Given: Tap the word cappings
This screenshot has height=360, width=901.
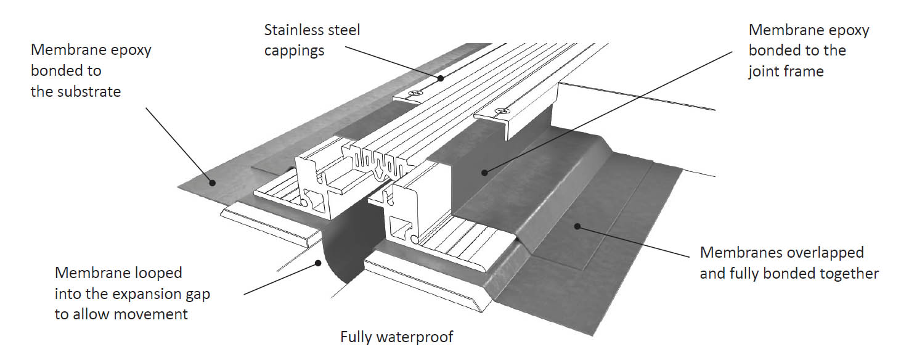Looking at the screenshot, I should [294, 51].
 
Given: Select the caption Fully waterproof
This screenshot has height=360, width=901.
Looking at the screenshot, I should [397, 337].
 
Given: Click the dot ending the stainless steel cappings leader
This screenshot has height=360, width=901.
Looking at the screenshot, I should [440, 78].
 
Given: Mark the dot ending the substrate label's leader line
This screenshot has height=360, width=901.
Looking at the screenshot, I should [211, 182].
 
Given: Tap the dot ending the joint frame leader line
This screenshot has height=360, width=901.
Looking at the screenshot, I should [484, 173].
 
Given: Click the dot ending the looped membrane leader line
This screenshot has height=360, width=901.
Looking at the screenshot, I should [318, 263].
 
